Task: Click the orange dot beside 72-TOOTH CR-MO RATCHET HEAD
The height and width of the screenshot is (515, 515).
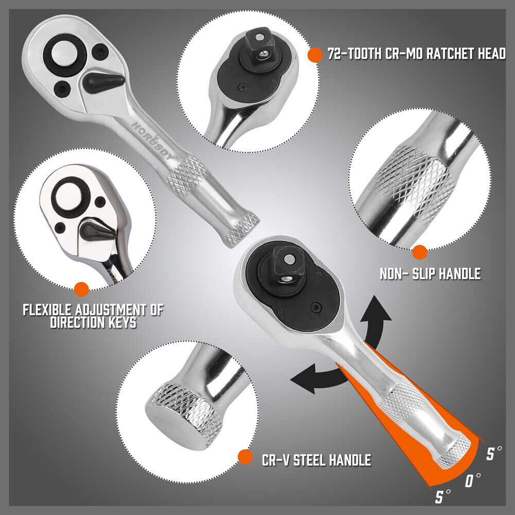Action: [313, 55]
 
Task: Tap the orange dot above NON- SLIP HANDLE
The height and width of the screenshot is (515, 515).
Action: [420, 252]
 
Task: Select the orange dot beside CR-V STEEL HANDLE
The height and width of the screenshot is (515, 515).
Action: [246, 456]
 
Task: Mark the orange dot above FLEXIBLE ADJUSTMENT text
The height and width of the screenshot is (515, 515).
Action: [81, 289]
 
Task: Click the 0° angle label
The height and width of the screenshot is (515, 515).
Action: [472, 482]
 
